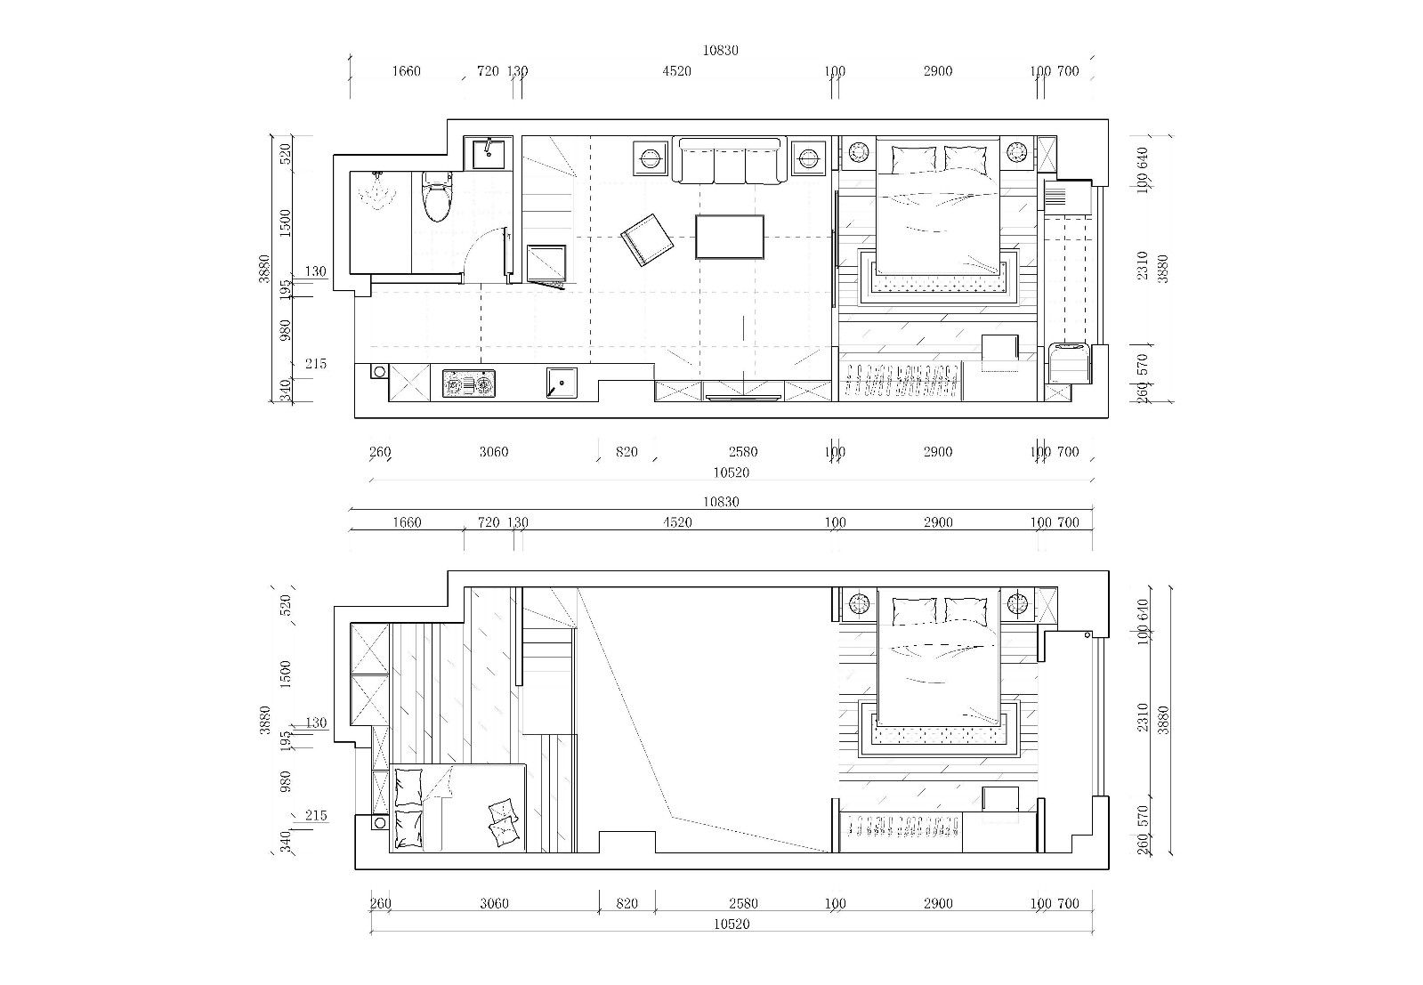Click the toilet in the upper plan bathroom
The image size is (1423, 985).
pyautogui.click(x=436, y=196)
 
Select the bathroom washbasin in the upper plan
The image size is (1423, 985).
pyautogui.click(x=489, y=153)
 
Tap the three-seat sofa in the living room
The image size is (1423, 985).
pyautogui.click(x=729, y=161)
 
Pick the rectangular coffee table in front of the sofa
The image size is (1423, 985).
pyautogui.click(x=729, y=237)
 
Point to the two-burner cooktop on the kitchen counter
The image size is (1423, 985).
pyautogui.click(x=469, y=384)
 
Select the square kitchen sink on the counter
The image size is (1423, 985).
pyautogui.click(x=562, y=383)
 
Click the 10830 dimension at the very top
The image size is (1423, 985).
pyautogui.click(x=720, y=50)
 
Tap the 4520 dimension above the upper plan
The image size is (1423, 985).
pyautogui.click(x=676, y=71)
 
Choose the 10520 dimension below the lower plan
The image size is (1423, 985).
pyautogui.click(x=732, y=924)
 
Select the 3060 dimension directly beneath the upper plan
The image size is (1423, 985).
pyautogui.click(x=494, y=451)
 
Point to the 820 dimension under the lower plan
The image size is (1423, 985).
pyautogui.click(x=627, y=903)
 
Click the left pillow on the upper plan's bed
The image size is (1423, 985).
pyautogui.click(x=914, y=158)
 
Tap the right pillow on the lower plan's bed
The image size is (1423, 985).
pyautogui.click(x=966, y=611)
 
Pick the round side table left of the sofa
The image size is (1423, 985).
pyautogui.click(x=650, y=158)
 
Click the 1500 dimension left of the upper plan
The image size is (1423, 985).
pyautogui.click(x=286, y=223)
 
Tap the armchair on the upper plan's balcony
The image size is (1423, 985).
pyautogui.click(x=1070, y=363)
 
